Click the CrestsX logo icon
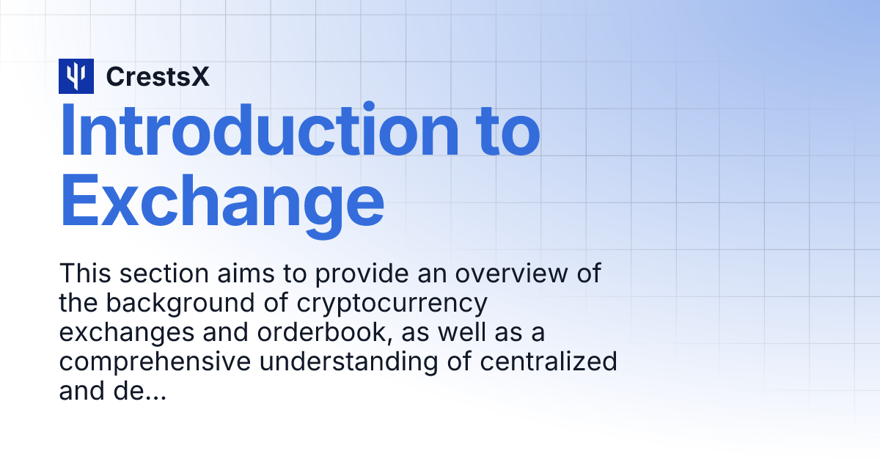pyautogui.click(x=76, y=76)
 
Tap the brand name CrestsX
pyautogui.click(x=158, y=76)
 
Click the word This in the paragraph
pyautogui.click(x=85, y=274)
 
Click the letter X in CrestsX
pyautogui.click(x=200, y=76)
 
